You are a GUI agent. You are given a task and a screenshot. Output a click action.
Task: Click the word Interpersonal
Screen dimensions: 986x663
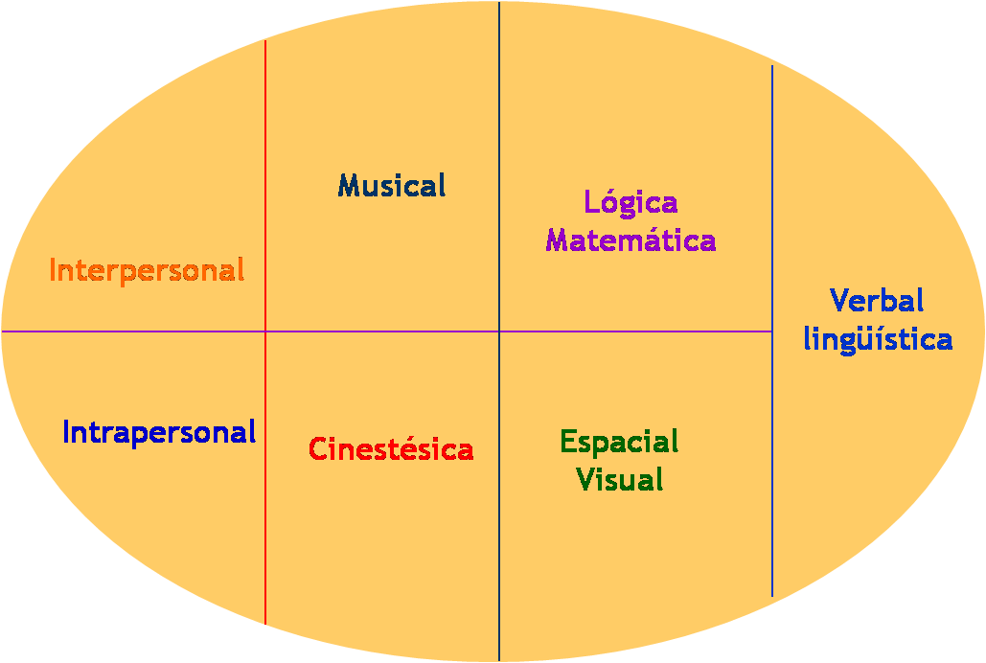147,270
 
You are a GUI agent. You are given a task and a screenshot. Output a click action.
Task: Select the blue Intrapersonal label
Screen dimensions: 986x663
159,432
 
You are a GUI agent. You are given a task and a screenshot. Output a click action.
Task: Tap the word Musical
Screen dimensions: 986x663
392,185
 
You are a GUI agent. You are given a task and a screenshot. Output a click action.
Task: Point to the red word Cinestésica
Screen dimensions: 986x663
391,448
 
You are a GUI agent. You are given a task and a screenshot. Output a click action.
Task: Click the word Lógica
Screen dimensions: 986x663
631,203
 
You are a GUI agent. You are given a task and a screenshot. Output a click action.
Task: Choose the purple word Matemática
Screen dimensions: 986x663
631,240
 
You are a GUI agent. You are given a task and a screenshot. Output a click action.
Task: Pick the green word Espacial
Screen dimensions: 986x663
619,442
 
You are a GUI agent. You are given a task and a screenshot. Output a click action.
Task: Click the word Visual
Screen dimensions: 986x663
620,478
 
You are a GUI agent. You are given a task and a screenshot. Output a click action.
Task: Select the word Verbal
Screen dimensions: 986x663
877,301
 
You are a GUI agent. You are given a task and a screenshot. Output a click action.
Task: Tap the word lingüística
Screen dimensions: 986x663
878,339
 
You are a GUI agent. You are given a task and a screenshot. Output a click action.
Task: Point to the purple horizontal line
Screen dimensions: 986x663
383,331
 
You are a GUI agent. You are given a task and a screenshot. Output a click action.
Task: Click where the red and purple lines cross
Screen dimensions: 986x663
265,331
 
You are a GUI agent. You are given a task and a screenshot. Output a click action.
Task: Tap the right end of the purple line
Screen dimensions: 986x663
770,331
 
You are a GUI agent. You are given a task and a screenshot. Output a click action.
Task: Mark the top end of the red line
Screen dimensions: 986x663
265,42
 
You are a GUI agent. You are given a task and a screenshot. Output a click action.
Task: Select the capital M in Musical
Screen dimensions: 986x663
349,185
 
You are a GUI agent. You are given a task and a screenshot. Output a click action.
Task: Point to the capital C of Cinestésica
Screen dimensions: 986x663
319,448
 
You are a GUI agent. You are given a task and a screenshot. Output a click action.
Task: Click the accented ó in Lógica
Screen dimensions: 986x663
606,202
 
